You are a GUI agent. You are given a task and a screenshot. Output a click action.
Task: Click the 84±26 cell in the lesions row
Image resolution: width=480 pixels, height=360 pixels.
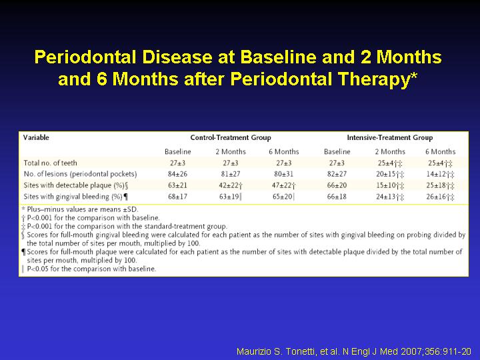(177, 174)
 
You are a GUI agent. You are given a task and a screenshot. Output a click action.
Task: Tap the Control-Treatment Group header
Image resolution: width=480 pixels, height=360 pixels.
(231, 138)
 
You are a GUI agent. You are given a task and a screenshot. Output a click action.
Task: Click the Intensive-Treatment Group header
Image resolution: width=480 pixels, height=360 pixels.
(390, 138)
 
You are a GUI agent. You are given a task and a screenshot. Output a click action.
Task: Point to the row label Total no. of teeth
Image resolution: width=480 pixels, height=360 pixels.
(50, 163)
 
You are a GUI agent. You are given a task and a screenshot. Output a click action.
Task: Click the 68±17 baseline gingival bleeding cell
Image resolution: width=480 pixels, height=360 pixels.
(177, 197)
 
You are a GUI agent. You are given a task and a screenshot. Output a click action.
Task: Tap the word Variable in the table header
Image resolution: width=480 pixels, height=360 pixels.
(36, 137)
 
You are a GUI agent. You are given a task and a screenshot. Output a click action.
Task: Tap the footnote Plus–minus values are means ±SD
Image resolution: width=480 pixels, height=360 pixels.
(80, 209)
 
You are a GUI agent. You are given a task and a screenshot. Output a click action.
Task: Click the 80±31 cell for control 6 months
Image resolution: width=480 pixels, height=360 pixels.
(283, 174)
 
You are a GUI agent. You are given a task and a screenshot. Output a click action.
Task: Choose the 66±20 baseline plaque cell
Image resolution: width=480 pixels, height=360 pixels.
(337, 185)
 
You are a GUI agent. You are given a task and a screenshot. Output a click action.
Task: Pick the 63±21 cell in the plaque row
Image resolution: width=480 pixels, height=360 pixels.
(177, 185)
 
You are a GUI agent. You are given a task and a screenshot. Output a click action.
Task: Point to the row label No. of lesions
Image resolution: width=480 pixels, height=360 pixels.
(80, 174)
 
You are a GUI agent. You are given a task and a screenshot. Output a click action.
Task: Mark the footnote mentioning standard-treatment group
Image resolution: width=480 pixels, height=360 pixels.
(124, 227)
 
